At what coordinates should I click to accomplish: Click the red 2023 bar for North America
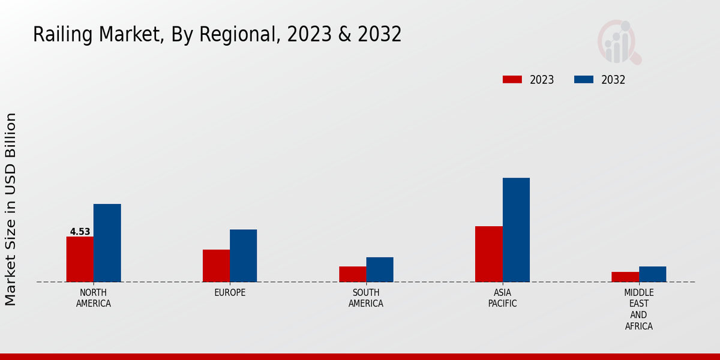pos(80,259)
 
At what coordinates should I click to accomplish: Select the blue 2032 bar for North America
pos(107,243)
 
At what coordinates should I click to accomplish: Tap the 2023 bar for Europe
pos(216,266)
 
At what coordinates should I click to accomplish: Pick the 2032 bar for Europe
pos(243,256)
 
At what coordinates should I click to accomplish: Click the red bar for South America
pos(352,274)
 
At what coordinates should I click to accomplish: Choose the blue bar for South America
pos(380,269)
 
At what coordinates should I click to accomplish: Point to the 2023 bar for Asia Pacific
pos(488,254)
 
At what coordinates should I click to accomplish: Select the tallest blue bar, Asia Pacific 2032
pos(516,230)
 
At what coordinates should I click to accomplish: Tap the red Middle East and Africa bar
pos(625,277)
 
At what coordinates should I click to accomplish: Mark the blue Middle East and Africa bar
pos(652,274)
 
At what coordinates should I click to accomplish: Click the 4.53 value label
pos(80,232)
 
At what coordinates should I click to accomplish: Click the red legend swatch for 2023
pos(512,79)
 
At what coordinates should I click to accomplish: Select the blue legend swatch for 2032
pos(584,79)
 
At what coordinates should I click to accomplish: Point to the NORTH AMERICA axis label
pos(94,298)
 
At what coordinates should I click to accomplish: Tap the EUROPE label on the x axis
pos(230,293)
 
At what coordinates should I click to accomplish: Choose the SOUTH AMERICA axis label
pos(366,298)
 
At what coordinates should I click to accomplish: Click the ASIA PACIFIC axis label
pos(502,298)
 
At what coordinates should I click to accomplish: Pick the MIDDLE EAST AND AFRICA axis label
pos(638,310)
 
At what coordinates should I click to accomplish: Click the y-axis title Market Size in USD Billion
pos(11,209)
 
